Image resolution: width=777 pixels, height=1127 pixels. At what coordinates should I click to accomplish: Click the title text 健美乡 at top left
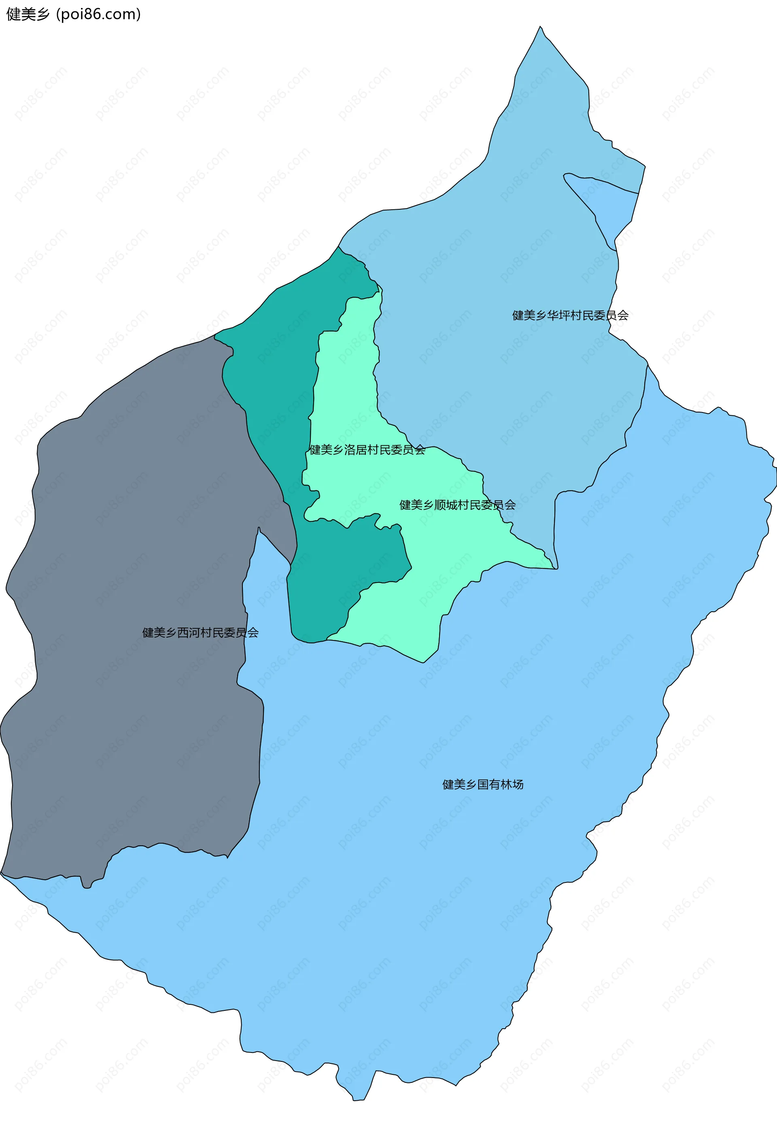tap(28, 14)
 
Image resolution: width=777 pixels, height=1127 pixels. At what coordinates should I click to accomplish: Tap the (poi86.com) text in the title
tap(98, 14)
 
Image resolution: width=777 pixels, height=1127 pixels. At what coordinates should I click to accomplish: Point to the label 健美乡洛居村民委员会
tap(367, 449)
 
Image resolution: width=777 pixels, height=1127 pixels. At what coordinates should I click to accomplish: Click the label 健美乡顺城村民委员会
tap(457, 504)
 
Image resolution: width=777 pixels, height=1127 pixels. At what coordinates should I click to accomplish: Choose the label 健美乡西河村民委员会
tap(200, 633)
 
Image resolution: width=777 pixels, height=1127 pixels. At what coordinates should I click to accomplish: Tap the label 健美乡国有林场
tap(482, 785)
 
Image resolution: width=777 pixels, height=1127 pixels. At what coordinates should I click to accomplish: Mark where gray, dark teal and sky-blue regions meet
tap(291, 565)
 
